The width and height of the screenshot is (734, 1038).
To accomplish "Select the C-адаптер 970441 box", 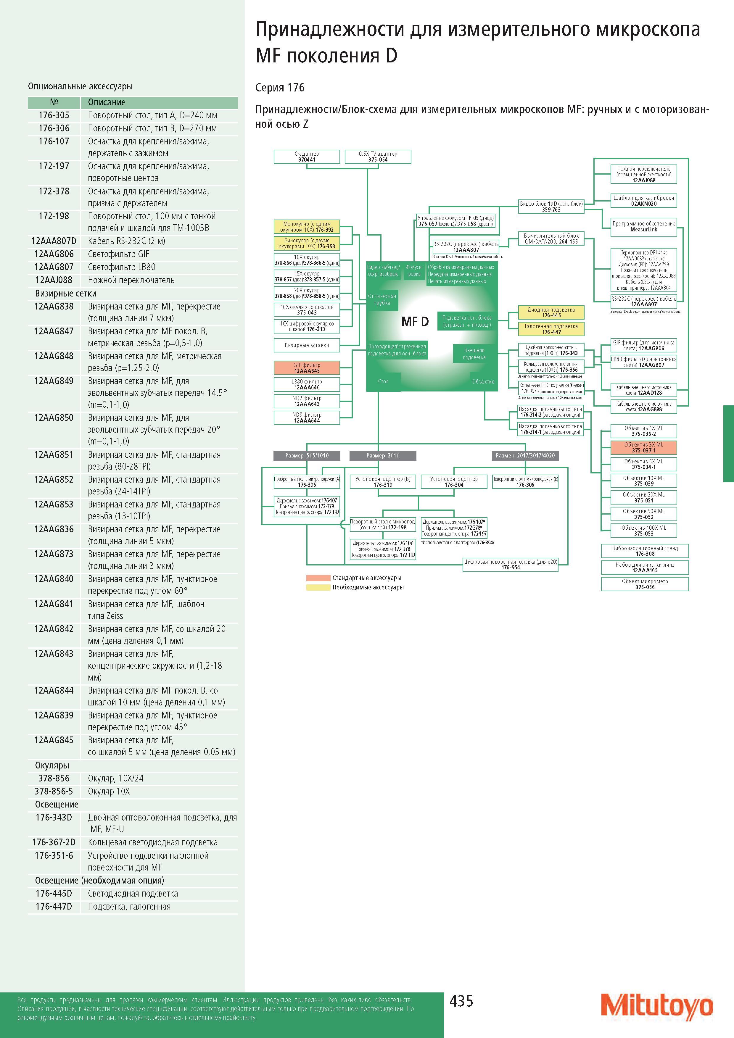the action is point(307,157).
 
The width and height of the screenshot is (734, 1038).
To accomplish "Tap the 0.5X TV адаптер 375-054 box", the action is point(378,157).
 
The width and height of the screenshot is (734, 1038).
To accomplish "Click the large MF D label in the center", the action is point(415,321).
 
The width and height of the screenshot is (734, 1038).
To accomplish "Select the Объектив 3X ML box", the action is point(643,448).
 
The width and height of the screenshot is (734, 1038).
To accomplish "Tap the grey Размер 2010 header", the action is point(383,455).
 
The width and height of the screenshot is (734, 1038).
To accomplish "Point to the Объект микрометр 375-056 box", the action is point(644,584).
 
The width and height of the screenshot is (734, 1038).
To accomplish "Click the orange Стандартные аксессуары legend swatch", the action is point(318,578).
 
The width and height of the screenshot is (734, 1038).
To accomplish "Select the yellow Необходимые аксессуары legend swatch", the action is point(318,587).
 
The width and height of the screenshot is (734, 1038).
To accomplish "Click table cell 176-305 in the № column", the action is point(54,115).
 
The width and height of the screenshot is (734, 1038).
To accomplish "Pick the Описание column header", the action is point(107,102).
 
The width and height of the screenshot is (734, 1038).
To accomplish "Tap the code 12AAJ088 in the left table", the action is point(54,280).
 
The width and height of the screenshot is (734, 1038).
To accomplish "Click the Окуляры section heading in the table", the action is point(52,765).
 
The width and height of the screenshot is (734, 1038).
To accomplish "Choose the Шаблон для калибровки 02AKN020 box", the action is point(643,201).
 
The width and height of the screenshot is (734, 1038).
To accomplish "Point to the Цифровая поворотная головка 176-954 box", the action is point(511,564).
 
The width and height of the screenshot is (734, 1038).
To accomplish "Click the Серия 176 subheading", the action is point(280,87).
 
